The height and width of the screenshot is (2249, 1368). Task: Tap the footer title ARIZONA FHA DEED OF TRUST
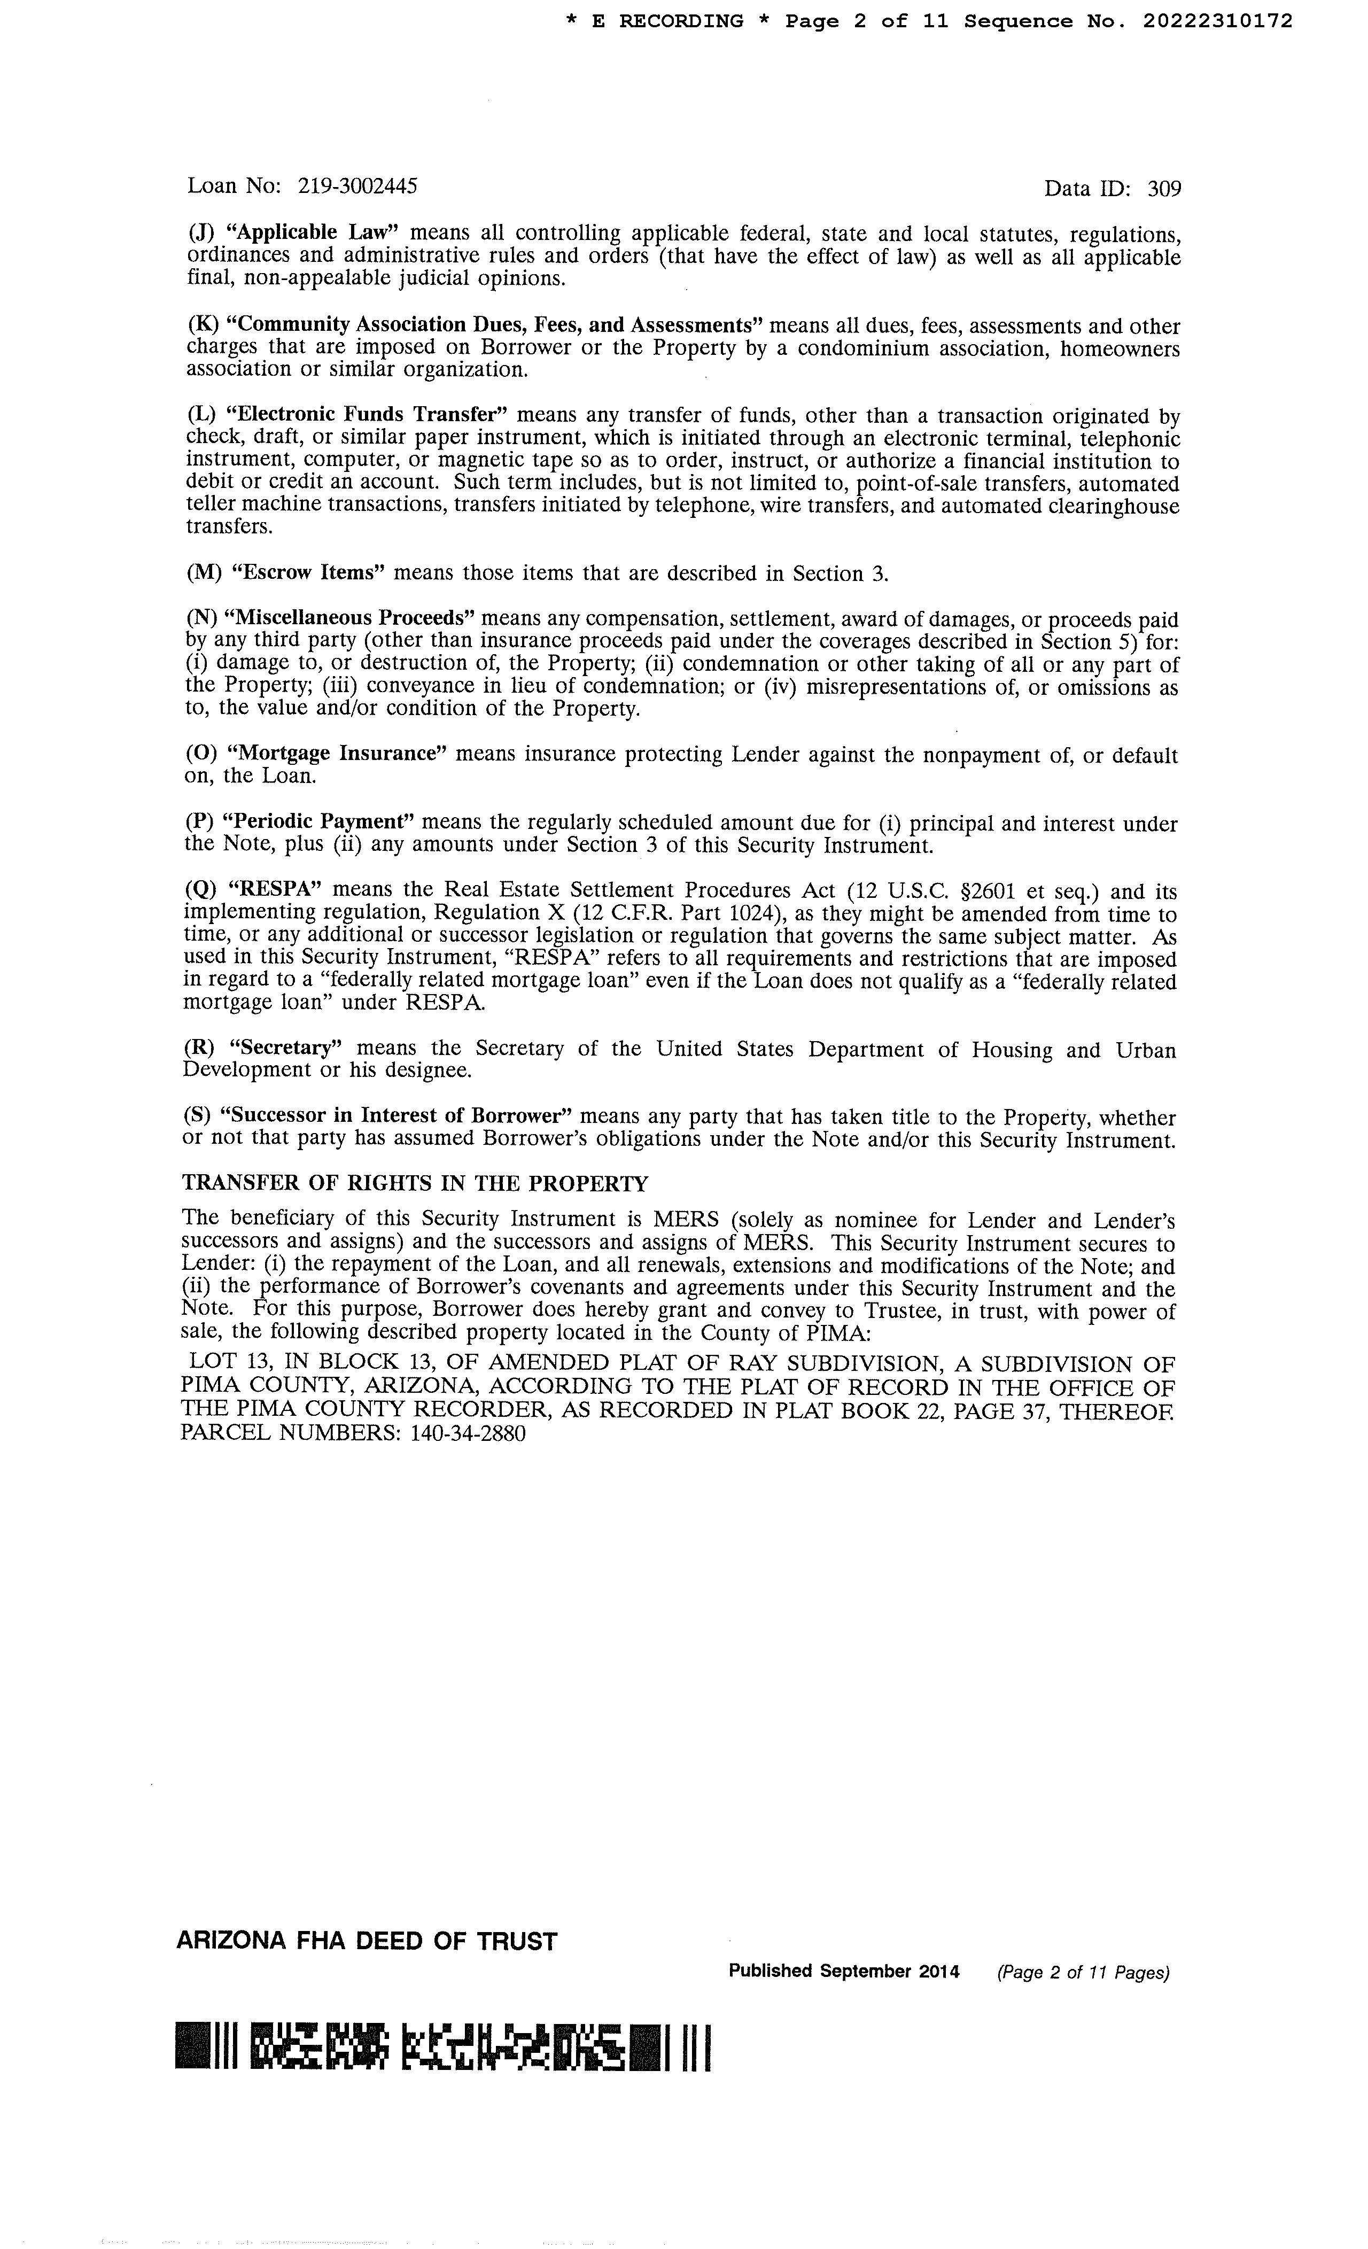point(366,1941)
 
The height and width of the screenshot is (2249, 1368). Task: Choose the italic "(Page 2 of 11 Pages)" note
point(1082,1973)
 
